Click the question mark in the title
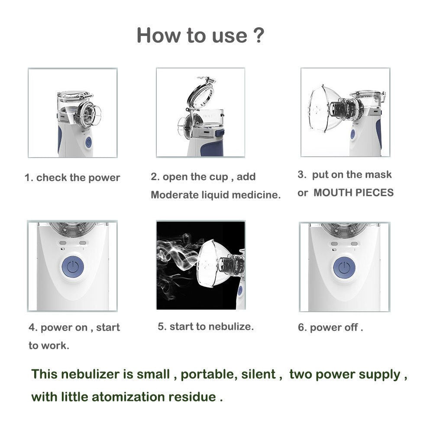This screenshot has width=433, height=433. tap(257, 35)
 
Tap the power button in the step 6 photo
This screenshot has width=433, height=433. tap(344, 268)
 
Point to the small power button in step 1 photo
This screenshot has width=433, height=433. tap(88, 142)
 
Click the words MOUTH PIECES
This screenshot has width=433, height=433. tap(353, 193)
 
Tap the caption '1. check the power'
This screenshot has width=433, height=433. tap(72, 178)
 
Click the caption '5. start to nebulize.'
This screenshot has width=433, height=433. tap(206, 326)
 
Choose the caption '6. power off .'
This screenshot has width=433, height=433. tap(330, 327)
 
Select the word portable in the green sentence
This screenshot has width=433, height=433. tap(208, 374)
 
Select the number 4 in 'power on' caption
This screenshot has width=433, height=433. tap(32, 327)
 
